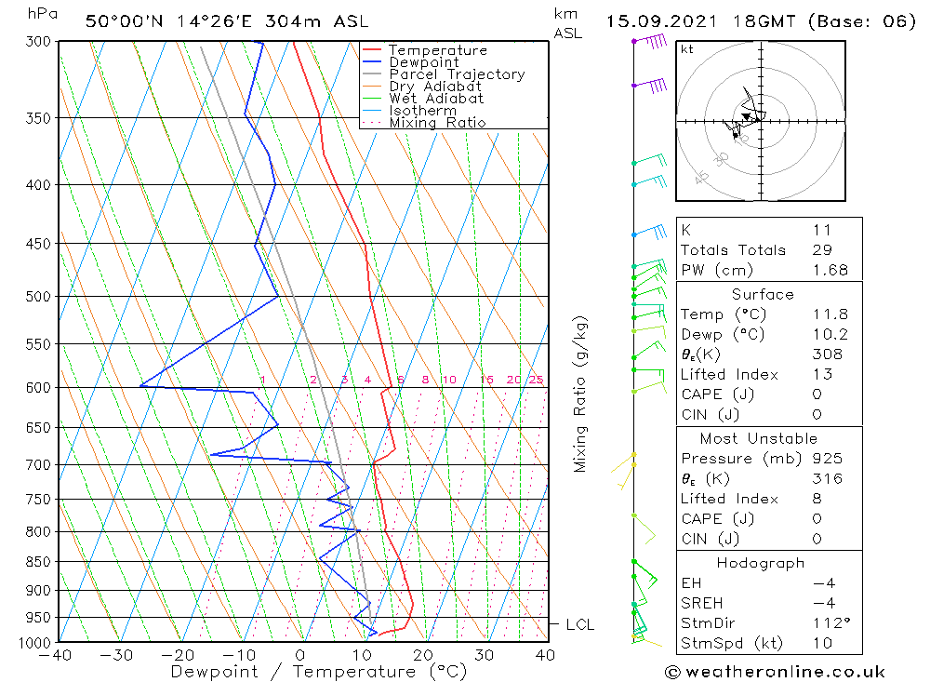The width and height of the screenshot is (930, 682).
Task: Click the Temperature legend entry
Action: pos(437,50)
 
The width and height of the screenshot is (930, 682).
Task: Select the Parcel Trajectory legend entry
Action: pos(456,74)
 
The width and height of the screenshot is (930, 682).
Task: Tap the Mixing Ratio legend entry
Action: pos(437,123)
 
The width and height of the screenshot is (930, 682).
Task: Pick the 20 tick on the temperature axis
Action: pos(423,655)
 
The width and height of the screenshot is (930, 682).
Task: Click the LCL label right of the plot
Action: pos(579,624)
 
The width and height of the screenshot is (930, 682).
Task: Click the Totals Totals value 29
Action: pos(821,249)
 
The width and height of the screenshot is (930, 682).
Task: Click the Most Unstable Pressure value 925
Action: pos(826,458)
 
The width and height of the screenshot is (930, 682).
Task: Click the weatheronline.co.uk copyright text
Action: pos(775,671)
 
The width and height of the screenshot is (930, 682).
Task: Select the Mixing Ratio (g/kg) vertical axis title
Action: pos(580,394)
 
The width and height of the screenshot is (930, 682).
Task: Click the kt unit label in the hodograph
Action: pos(686,48)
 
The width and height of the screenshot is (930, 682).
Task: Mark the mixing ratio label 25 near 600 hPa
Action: pos(536,380)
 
